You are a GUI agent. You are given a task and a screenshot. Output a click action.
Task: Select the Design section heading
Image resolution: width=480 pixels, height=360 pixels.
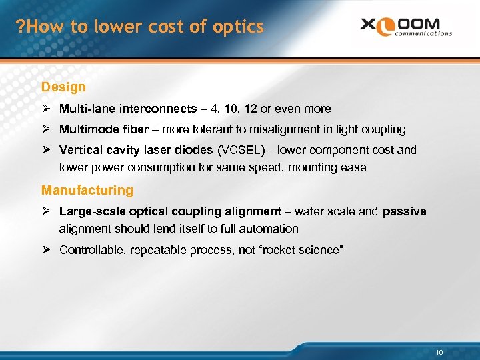coord(63,87)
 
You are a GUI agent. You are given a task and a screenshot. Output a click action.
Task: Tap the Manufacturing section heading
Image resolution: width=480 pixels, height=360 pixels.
coord(87,190)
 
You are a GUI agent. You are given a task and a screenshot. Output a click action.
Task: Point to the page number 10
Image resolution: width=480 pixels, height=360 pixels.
coord(439,352)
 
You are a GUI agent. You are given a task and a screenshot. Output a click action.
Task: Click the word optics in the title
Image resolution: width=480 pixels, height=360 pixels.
coord(241,27)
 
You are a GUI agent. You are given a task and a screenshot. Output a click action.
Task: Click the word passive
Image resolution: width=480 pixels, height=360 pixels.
coord(405,211)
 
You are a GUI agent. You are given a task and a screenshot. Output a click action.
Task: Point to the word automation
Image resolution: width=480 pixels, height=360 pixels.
coord(272,229)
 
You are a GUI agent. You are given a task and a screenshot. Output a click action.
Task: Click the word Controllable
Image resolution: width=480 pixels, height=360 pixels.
coord(90,250)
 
